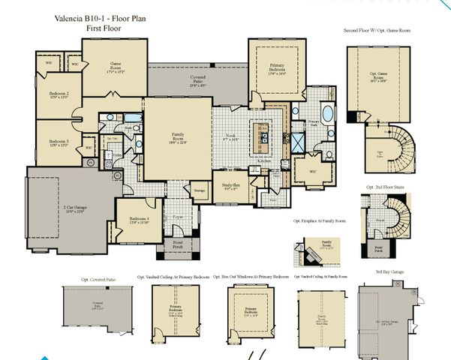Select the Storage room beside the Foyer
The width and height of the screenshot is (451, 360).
coord(200,192)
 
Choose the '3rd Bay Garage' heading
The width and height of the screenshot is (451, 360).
coord(388,271)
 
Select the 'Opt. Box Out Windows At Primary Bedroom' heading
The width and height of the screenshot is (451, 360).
coord(251,276)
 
